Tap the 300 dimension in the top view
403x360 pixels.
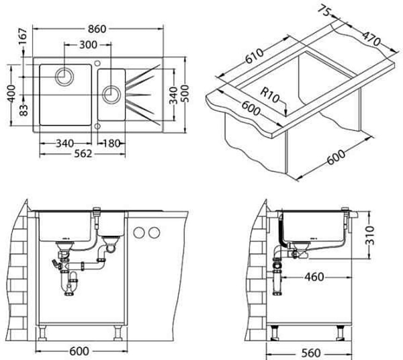pos(85,45)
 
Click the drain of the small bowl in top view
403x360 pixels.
pos(109,92)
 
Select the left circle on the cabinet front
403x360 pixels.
pos(140,232)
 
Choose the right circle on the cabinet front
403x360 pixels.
pos(154,232)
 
